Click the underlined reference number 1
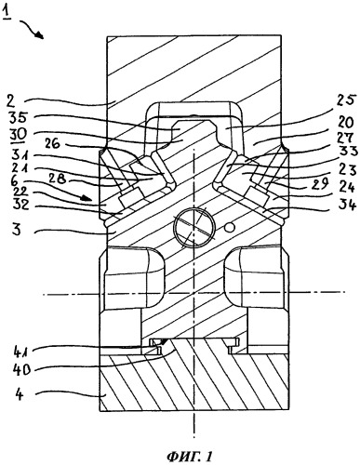click(x=7, y=14)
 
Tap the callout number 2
click(x=18, y=101)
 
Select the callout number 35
click(x=19, y=118)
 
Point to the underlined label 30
click(x=19, y=135)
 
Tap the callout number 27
click(x=344, y=139)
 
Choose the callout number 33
click(x=345, y=153)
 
